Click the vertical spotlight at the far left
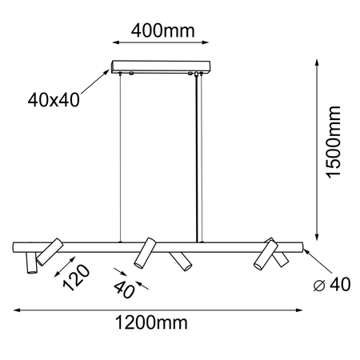tap(30, 262)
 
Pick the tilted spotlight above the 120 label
tap(50, 251)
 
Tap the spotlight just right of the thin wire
tap(144, 253)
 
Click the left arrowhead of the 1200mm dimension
tap(16, 310)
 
